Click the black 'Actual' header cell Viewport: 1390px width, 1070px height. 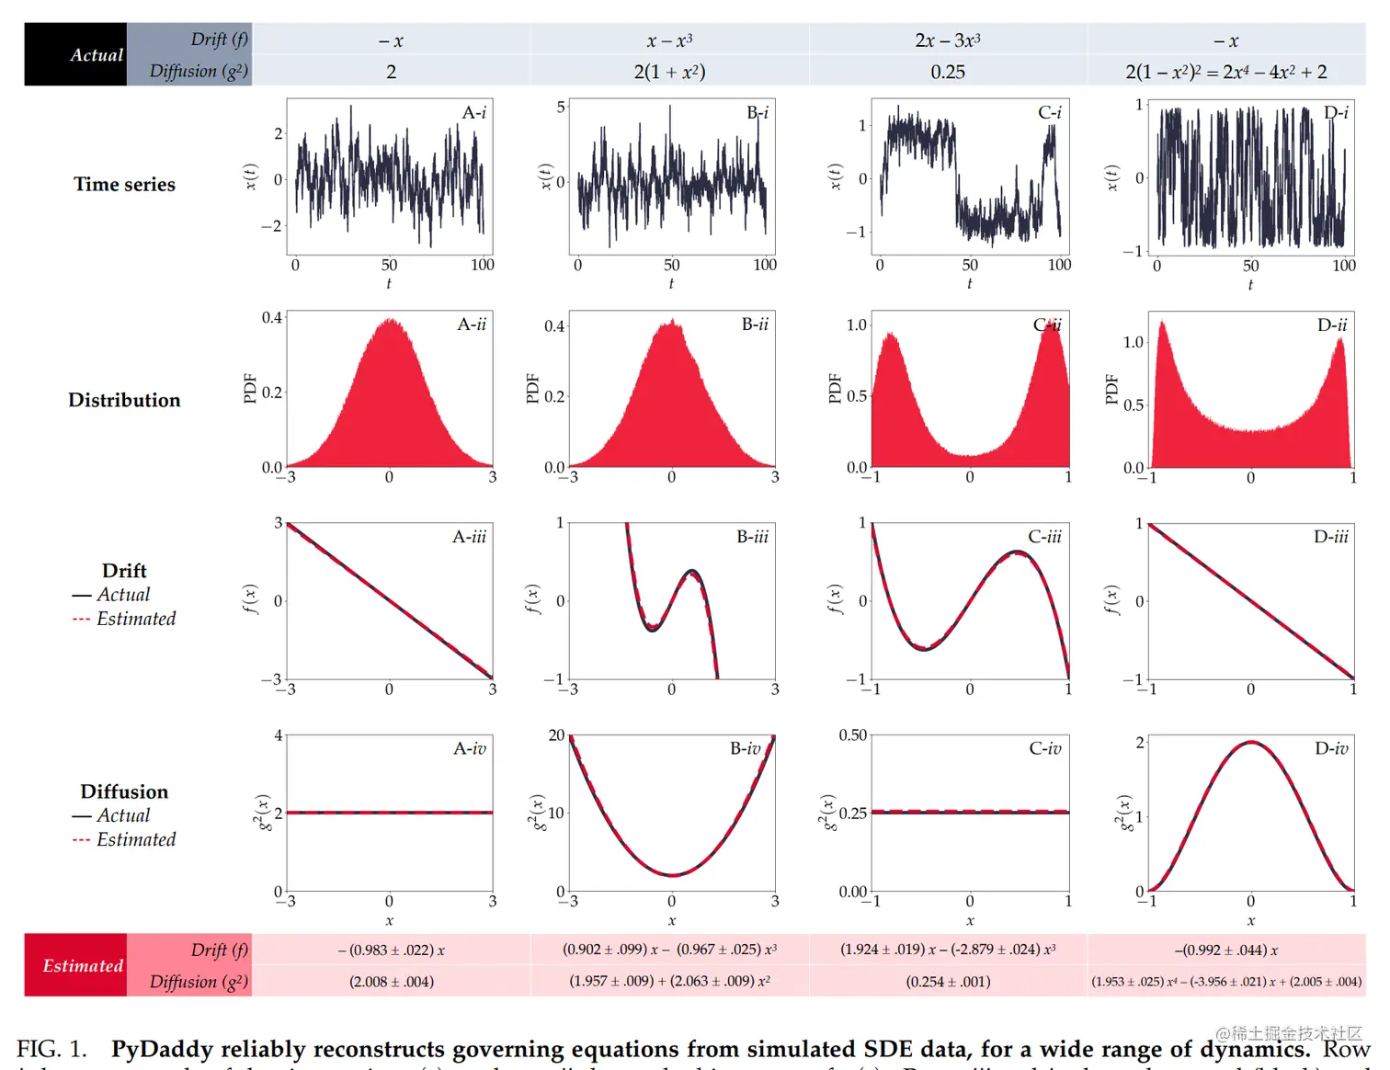coord(76,54)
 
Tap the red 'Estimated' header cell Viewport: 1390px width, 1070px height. coord(75,965)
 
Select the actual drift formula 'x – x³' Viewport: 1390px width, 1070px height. coord(669,40)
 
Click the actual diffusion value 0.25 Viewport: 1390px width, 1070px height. coord(948,72)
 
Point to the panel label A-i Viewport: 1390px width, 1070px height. coord(473,113)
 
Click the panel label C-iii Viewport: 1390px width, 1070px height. coord(1044,537)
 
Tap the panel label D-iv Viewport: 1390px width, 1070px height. coord(1331,749)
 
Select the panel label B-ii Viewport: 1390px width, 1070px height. coord(755,324)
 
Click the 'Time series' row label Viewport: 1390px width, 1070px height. coord(124,184)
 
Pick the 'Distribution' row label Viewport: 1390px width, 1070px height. coord(124,400)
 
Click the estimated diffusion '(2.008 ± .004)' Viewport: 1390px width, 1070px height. coord(392,982)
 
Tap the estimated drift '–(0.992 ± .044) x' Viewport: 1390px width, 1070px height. coord(1226,950)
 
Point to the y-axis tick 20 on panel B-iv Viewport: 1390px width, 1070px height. coord(556,735)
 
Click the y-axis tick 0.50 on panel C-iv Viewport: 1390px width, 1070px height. coord(852,735)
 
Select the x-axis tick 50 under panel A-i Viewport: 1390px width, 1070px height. coord(389,265)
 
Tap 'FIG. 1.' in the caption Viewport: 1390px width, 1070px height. coord(51,1049)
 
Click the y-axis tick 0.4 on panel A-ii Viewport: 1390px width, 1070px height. coord(272,318)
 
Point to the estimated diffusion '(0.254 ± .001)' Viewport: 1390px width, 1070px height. coord(948,982)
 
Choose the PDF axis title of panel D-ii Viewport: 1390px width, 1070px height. coord(1111,389)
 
